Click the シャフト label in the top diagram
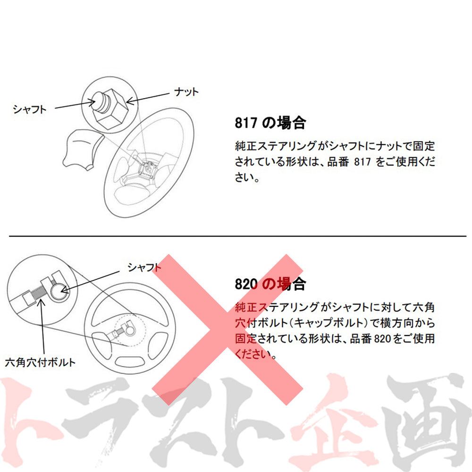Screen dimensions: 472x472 [30, 109]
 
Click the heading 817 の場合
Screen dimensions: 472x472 [270, 124]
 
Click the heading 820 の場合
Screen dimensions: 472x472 [270, 284]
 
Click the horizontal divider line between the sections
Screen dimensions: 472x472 [236, 235]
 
